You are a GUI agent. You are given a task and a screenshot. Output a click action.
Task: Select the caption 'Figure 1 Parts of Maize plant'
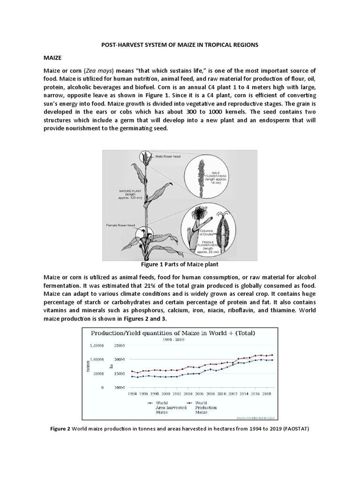pos(180,264)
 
